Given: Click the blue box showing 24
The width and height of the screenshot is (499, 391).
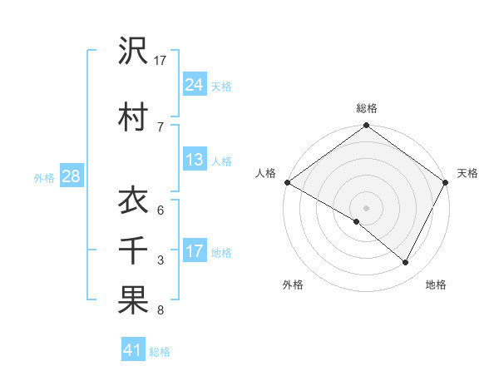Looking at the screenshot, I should pos(195,85).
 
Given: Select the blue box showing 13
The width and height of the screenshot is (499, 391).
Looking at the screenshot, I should pos(195,161).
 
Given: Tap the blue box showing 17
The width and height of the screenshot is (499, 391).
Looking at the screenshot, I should pos(195,251).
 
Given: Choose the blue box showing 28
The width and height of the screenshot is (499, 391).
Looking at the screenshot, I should pos(71,177).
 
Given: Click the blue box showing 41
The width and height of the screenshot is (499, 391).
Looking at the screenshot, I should pos(133,351).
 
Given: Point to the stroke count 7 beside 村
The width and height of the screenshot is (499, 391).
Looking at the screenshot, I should pos(161,126).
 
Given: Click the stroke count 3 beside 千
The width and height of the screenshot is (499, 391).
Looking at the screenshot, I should pos(161,260).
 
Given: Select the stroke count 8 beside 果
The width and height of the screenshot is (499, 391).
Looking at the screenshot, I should pos(161,311).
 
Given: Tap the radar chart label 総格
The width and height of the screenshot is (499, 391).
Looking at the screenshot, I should pos(367,109).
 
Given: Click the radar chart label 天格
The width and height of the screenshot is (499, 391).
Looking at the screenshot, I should pos(467,173).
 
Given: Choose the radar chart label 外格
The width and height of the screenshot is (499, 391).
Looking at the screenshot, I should pos(293,285).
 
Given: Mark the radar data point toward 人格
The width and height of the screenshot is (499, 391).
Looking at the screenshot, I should pos(287,182).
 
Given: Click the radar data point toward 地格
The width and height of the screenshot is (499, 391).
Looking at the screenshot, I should pos(406,263).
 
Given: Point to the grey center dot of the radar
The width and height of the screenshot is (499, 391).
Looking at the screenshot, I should pos(367,208).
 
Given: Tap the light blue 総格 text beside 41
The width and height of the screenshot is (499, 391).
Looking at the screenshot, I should pos(160,352).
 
